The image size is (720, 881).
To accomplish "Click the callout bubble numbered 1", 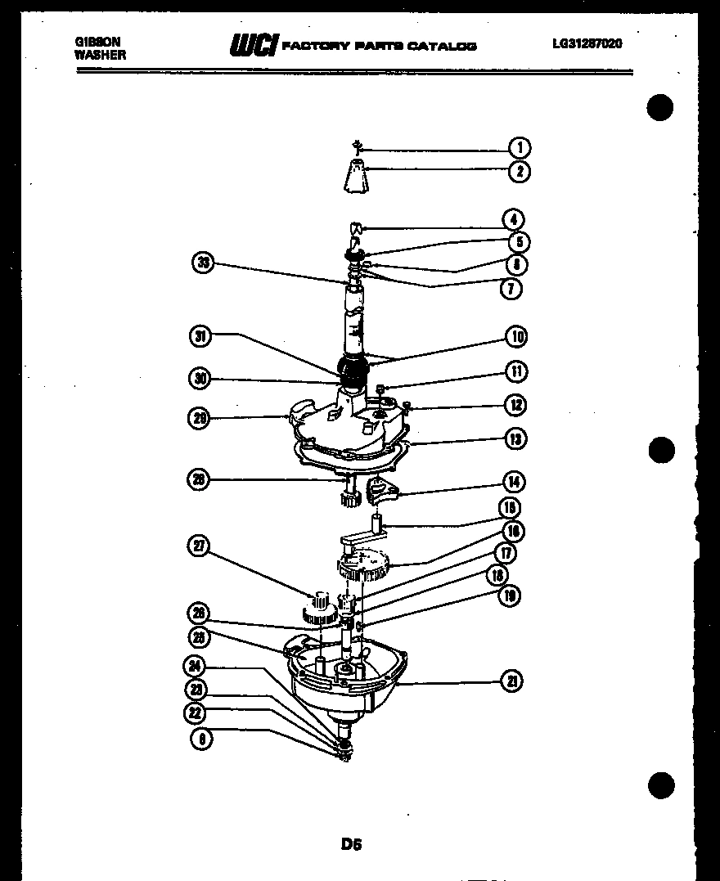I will point(519,148).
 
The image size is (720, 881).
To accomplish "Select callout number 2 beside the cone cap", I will point(519,172).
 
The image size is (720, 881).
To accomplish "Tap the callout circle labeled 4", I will point(513,219).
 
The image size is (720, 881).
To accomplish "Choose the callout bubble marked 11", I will point(515,371).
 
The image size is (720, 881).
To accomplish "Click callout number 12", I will point(515,405).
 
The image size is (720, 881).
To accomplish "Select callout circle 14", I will point(515,482).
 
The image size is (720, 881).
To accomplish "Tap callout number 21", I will point(512,681).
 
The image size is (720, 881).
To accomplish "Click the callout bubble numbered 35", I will point(203,263).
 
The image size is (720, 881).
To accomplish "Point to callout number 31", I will point(200,335).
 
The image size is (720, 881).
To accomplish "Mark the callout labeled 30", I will point(200,379).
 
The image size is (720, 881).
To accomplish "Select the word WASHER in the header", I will point(100,55).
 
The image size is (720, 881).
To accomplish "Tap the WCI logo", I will point(254,45).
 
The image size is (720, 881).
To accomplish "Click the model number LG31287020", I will point(587,43).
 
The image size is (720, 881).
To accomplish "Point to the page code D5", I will point(352,843).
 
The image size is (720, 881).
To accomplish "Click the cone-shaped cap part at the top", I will point(356,178).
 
